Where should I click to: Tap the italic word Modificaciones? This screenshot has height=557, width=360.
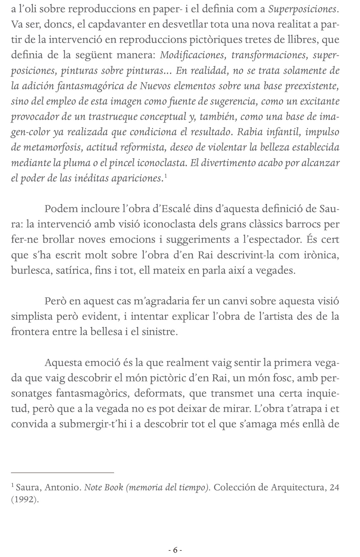(x=193, y=55)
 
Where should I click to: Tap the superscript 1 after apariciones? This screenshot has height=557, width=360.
(x=166, y=177)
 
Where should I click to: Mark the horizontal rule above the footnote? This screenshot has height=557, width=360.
(x=62, y=473)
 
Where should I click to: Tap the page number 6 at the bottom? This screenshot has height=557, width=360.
(x=175, y=542)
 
